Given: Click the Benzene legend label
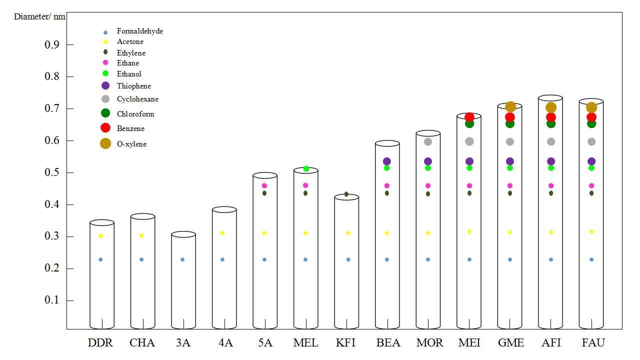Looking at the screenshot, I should [x=130, y=128].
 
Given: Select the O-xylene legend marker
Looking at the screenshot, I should [x=105, y=143].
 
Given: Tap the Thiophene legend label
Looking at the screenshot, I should [x=133, y=86].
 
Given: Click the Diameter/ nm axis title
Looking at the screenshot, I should [x=39, y=16].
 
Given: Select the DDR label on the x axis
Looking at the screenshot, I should [x=100, y=343].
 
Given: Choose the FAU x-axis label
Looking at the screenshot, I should [x=593, y=343].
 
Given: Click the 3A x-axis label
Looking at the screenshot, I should [x=182, y=343].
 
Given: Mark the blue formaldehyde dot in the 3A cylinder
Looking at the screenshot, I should [x=182, y=259].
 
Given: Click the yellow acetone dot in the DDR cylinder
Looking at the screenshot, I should [x=100, y=235].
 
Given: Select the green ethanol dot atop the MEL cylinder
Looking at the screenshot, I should [x=306, y=168].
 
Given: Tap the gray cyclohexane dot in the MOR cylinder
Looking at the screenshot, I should [x=428, y=141].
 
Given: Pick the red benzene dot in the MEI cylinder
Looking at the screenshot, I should [x=469, y=117].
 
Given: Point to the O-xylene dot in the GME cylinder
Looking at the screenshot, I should [x=510, y=106].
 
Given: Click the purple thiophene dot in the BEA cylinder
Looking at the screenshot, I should [x=386, y=161].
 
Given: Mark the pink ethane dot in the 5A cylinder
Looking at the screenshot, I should [x=264, y=185].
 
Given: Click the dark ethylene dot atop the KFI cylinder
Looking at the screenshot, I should [x=346, y=194].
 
